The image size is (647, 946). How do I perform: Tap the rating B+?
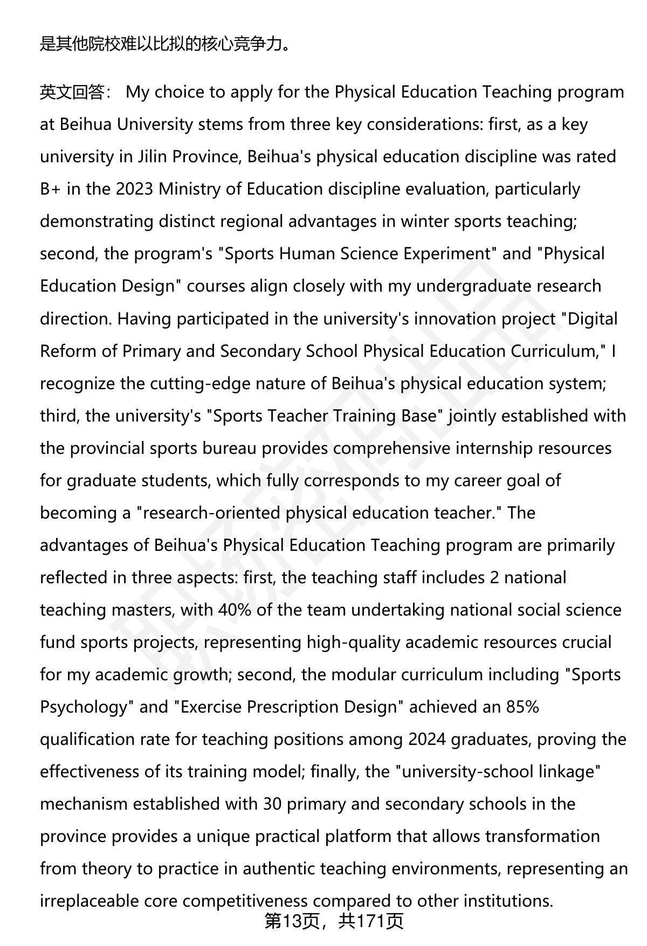point(50,189)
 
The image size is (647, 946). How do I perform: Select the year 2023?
point(134,189)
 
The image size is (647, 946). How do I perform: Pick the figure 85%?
point(522,707)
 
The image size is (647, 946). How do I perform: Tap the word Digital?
point(593,319)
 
